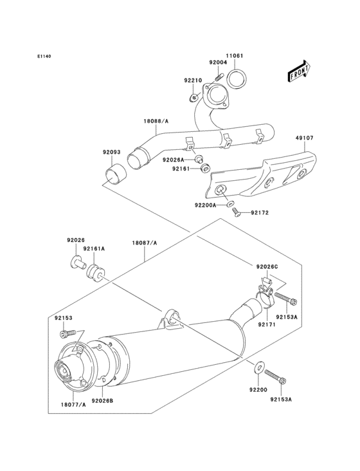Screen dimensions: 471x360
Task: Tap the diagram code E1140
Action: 44,57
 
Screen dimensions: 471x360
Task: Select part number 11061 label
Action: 234,56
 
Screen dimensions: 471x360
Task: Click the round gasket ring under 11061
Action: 238,81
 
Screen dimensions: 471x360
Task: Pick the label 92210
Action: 193,80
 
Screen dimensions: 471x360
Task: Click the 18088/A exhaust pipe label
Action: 156,120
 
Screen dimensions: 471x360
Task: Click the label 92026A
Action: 173,159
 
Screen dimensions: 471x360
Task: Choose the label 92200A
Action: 206,205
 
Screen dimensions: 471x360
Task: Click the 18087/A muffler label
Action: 145,243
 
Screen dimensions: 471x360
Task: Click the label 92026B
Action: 102,400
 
